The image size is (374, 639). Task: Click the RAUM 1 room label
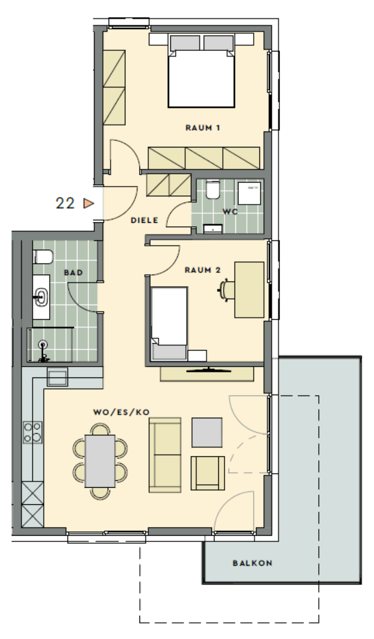203,128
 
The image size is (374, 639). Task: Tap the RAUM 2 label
203,270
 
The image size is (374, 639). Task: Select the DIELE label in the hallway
144,220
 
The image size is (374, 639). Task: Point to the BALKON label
253,563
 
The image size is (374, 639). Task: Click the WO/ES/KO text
121,412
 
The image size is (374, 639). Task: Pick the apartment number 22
65,203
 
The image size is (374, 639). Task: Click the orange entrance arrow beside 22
89,203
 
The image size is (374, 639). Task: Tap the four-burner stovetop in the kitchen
32,432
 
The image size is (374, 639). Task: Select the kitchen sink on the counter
58,377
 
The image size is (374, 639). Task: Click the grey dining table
100,461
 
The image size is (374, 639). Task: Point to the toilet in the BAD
43,257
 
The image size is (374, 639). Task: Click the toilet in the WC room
213,189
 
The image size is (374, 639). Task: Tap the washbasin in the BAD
42,297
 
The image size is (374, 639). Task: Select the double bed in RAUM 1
201,71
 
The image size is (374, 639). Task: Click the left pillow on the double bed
185,43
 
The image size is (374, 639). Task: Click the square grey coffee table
207,432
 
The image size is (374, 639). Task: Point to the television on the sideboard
209,370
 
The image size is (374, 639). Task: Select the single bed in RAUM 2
169,324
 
